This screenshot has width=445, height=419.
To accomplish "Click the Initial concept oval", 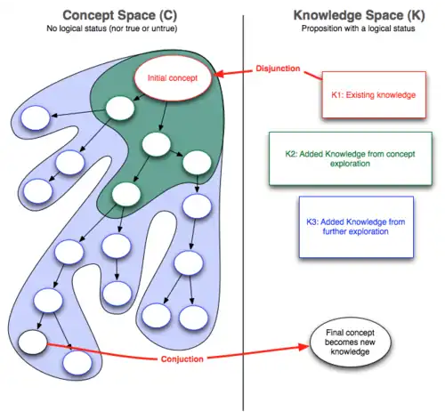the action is click(x=173, y=77).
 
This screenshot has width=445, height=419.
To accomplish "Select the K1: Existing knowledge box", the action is click(x=374, y=95).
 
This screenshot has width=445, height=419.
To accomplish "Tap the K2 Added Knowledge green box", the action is click(x=350, y=158).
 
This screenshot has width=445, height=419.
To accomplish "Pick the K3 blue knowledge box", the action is click(x=356, y=227).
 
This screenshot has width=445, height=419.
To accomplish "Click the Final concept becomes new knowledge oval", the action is click(x=350, y=342).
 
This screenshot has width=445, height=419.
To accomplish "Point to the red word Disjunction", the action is click(x=278, y=68).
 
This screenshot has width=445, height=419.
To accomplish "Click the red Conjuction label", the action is click(x=182, y=359).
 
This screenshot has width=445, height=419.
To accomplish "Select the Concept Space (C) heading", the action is click(x=120, y=15).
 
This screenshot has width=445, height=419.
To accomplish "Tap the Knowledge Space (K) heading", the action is click(x=359, y=15).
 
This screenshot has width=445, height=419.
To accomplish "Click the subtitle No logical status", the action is click(x=112, y=28).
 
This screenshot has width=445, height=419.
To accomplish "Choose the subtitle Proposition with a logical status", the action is click(x=358, y=28).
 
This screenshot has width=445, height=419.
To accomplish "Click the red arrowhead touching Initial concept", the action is click(x=218, y=74).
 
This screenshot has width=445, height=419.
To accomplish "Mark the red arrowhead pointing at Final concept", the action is click(x=304, y=347).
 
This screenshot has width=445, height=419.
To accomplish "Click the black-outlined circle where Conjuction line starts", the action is click(x=33, y=342).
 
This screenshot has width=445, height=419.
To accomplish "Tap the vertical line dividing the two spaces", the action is click(x=243, y=213).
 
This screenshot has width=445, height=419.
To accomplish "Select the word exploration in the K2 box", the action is click(x=350, y=164).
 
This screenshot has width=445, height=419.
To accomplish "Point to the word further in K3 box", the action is click(x=335, y=231).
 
